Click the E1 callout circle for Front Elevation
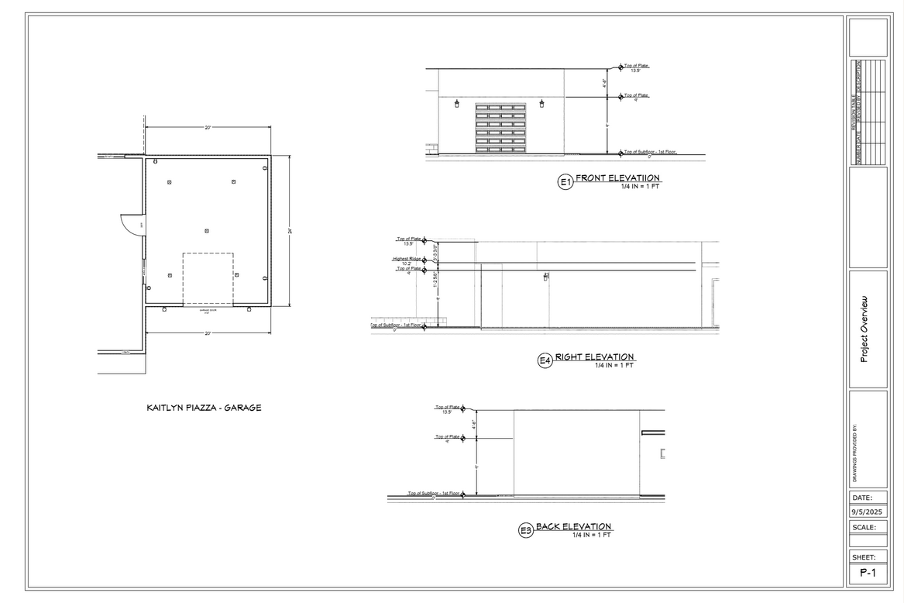tap(565, 183)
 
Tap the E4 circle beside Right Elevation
tap(545, 360)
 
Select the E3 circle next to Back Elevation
tap(526, 530)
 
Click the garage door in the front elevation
tap(500, 128)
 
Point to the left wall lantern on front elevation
tap(456, 103)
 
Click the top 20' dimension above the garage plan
tap(208, 128)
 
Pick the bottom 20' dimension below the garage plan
tap(208, 333)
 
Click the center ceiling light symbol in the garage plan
tap(207, 231)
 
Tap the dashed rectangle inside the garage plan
tap(208, 277)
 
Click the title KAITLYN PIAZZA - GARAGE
tap(204, 408)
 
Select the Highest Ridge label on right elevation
tap(407, 259)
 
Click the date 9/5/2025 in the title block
tap(868, 512)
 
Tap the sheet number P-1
tap(868, 574)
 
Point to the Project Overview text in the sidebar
tap(864, 329)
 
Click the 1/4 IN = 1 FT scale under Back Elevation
tap(592, 535)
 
